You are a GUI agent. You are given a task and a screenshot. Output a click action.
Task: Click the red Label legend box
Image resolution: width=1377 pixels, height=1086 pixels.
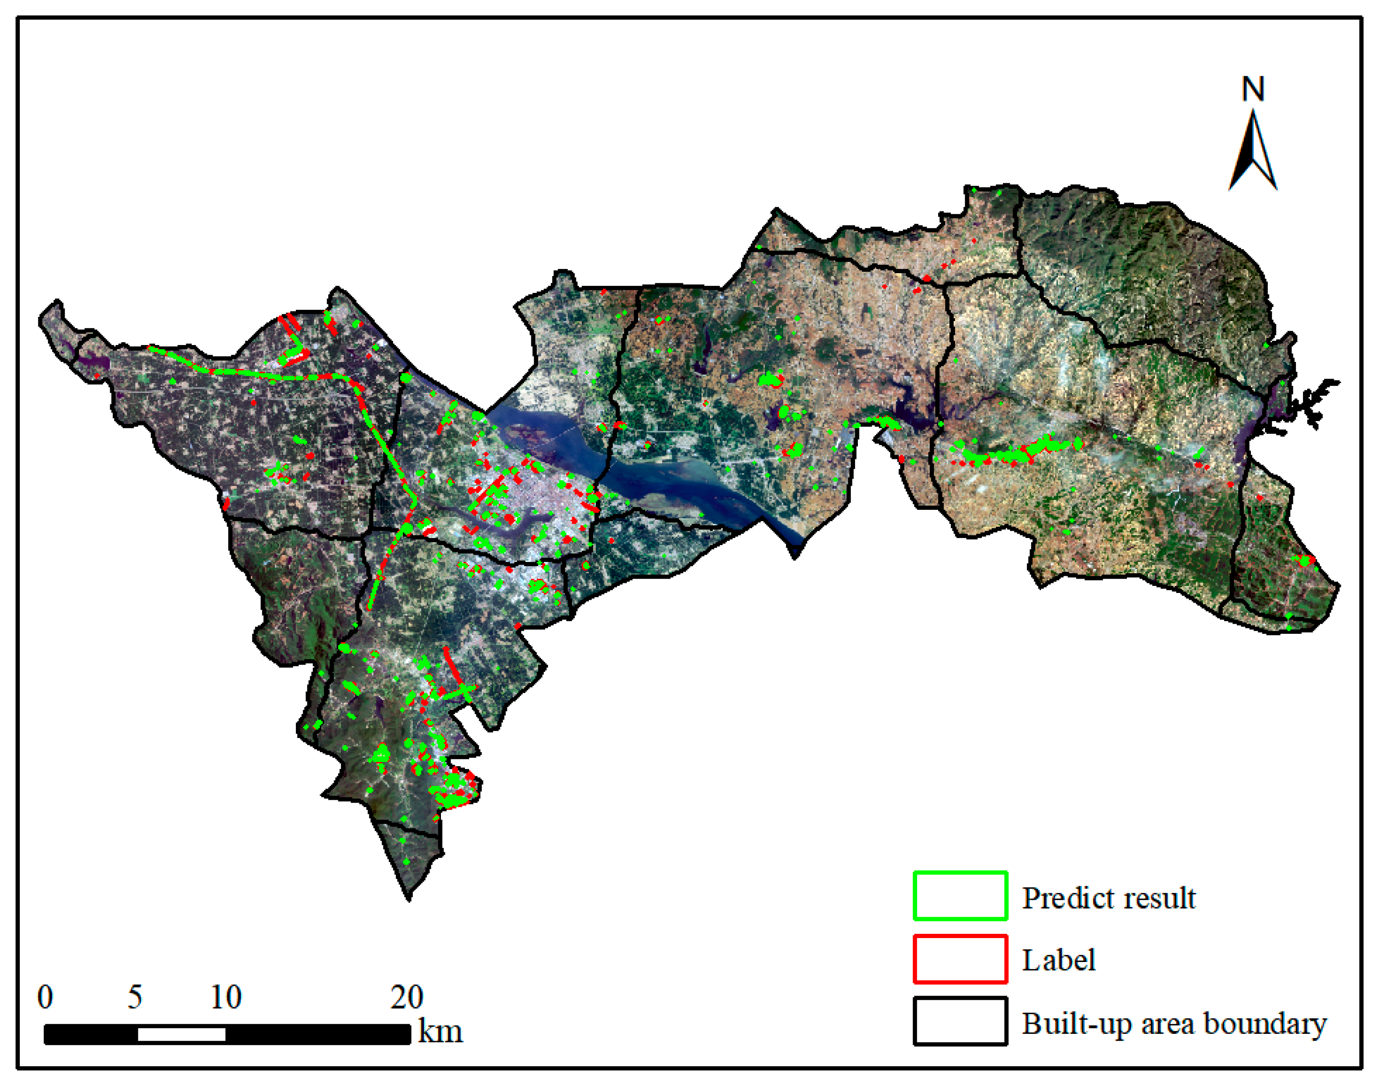pyautogui.click(x=960, y=959)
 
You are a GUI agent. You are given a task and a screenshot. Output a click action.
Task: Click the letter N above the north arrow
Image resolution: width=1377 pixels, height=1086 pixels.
pyautogui.click(x=1253, y=90)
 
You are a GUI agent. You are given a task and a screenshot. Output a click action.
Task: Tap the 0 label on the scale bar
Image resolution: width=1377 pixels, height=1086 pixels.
pyautogui.click(x=45, y=997)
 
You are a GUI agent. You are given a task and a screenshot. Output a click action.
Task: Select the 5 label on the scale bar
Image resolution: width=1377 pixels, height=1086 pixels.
pyautogui.click(x=135, y=997)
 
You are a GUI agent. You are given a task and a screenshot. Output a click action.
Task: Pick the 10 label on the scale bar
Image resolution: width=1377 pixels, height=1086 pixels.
pyautogui.click(x=226, y=997)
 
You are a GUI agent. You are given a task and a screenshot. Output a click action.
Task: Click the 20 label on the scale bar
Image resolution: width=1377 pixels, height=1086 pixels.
pyautogui.click(x=407, y=997)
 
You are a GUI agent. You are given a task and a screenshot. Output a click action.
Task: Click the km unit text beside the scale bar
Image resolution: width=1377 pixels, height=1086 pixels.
pyautogui.click(x=440, y=1031)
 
